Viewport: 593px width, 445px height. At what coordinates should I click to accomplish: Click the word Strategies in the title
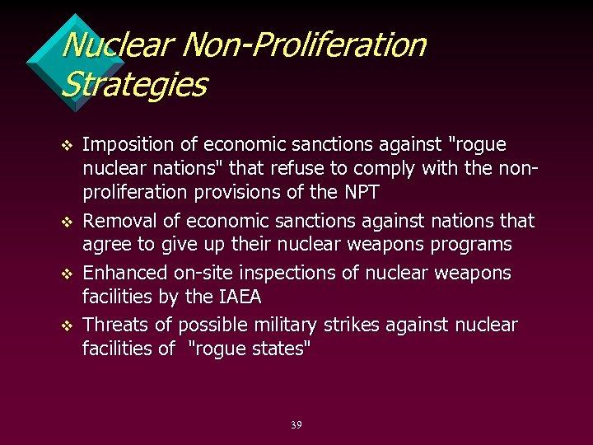tap(134, 84)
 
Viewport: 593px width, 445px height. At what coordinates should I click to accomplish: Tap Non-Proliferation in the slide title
tap(304, 44)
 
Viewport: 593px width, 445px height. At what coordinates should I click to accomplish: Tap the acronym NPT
tap(358, 193)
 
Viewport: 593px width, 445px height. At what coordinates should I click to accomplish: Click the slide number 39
tap(296, 425)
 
